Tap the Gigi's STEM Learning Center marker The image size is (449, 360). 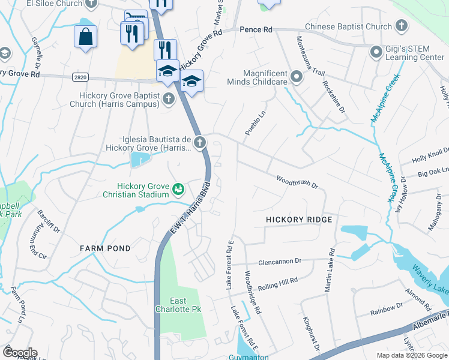coord(376,52)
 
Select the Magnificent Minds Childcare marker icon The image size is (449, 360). coord(296,76)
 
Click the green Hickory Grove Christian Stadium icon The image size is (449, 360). coord(178,190)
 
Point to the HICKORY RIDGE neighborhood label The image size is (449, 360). coord(299,220)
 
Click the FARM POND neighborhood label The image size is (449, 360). coord(105,248)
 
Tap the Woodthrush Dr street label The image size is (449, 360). coord(297,181)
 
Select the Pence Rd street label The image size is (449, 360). coord(255,29)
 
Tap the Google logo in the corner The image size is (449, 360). coord(19,353)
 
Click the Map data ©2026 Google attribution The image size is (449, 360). coord(411,355)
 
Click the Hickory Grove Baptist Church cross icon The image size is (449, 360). coord(169,98)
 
